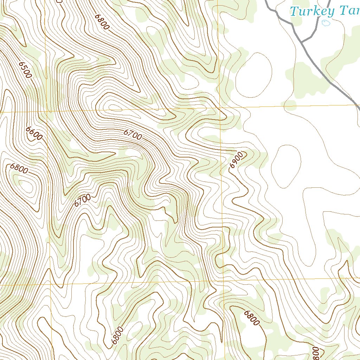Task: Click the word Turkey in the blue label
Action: [x=312, y=12]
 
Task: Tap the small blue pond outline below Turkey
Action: [x=326, y=24]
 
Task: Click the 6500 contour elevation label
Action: [x=25, y=70]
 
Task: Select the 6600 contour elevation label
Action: [x=34, y=133]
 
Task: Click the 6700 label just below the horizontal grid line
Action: [x=133, y=134]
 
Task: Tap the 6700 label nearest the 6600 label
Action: [x=83, y=200]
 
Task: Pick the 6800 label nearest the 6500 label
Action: [x=102, y=22]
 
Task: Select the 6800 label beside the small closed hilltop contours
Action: [x=19, y=168]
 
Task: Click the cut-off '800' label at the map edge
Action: [x=315, y=353]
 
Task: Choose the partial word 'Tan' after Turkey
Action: [x=349, y=11]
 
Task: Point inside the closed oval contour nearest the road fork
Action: [x=254, y=75]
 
